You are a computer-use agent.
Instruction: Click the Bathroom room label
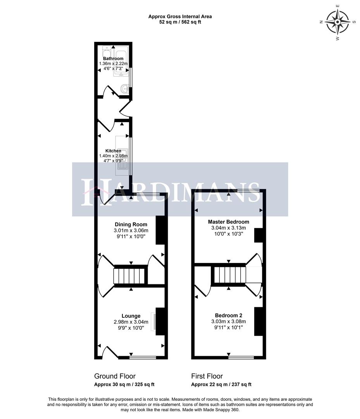pos(113,59)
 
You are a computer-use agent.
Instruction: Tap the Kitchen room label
pos(113,151)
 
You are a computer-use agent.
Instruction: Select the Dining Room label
pos(131,224)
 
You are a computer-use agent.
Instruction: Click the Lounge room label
pos(131,316)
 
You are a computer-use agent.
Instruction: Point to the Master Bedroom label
pos(229,222)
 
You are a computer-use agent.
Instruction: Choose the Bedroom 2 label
pos(229,315)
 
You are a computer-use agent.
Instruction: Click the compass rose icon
pos(338,22)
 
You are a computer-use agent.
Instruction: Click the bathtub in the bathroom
pos(121,62)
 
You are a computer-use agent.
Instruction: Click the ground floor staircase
pos(129,277)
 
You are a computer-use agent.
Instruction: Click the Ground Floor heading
pos(115,376)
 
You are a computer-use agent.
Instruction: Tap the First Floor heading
pos(207,376)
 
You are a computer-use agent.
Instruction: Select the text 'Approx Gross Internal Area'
pos(180,17)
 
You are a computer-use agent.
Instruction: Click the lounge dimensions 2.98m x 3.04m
pos(131,322)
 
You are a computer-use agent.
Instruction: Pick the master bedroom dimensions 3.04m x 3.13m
pos(229,228)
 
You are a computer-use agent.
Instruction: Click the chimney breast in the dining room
pos(160,230)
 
